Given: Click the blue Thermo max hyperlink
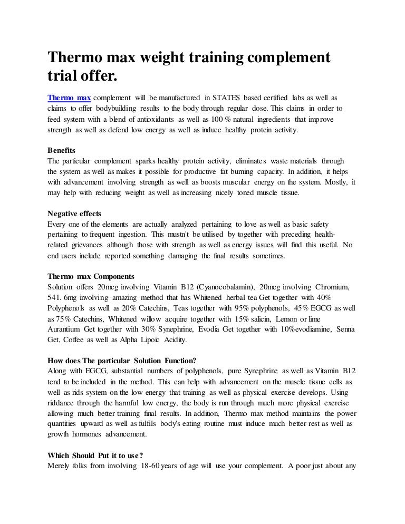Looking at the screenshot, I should click(x=69, y=98).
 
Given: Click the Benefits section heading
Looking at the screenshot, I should click(x=61, y=150).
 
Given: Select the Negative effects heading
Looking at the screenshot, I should click(x=74, y=214).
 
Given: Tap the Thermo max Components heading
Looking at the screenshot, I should click(x=91, y=276).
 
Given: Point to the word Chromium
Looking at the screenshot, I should click(x=333, y=287).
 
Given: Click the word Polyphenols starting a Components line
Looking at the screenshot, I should click(x=67, y=308).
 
